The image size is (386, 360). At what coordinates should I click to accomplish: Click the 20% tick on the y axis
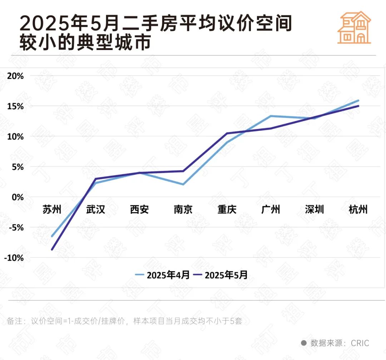pyautogui.click(x=15, y=76)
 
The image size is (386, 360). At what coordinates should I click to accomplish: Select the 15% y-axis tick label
pyautogui.click(x=15, y=106)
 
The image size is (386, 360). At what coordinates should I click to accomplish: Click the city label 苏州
pyautogui.click(x=52, y=209)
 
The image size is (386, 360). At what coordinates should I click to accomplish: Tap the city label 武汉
pyautogui.click(x=96, y=209)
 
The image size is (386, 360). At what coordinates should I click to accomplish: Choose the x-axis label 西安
pyautogui.click(x=139, y=209)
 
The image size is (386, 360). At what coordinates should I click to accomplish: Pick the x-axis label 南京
pyautogui.click(x=183, y=209)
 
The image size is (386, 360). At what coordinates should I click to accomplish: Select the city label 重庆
pyautogui.click(x=227, y=209)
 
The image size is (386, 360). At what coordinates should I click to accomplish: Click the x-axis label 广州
pyautogui.click(x=271, y=209)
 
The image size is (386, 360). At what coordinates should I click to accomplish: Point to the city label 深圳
pyautogui.click(x=315, y=209)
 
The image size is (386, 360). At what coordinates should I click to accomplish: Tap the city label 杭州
pyautogui.click(x=358, y=209)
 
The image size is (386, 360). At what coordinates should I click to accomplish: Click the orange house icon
pyautogui.click(x=354, y=27)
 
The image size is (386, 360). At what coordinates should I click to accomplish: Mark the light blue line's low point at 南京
pyautogui.click(x=183, y=184)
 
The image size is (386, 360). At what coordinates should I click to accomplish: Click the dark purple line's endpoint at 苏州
pyautogui.click(x=52, y=249)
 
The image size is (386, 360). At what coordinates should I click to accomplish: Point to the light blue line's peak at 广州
pyautogui.click(x=271, y=116)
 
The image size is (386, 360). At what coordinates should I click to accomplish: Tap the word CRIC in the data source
pyautogui.click(x=360, y=343)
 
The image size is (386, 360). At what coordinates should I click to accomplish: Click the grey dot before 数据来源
pyautogui.click(x=304, y=343)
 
